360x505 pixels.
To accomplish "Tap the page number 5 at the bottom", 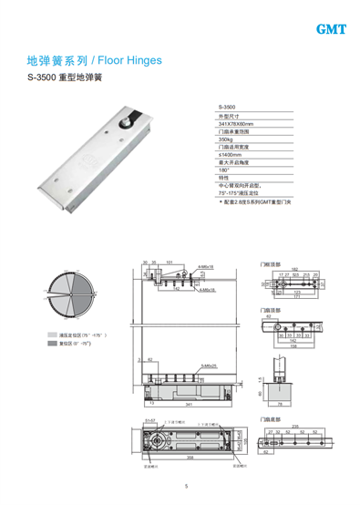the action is (185, 486).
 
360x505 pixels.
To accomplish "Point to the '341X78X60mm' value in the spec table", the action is (236, 124).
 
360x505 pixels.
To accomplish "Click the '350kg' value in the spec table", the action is (226, 141).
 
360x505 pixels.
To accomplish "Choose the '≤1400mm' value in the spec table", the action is (229, 159).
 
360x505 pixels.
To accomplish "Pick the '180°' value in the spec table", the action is (224, 175).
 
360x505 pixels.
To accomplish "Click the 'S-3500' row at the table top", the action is (227, 108).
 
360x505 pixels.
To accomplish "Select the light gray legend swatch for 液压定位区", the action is (54, 336).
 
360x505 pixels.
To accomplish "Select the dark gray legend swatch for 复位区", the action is (54, 345).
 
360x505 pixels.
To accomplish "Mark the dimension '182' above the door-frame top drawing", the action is (294, 268).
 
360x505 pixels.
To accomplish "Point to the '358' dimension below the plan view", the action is (189, 459).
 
